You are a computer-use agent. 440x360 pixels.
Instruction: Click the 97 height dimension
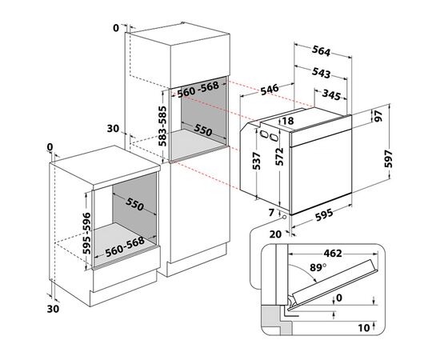tap(398, 117)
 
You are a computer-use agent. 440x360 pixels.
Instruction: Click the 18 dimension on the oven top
tap(289, 121)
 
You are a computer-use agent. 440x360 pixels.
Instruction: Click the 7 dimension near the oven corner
tap(271, 212)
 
